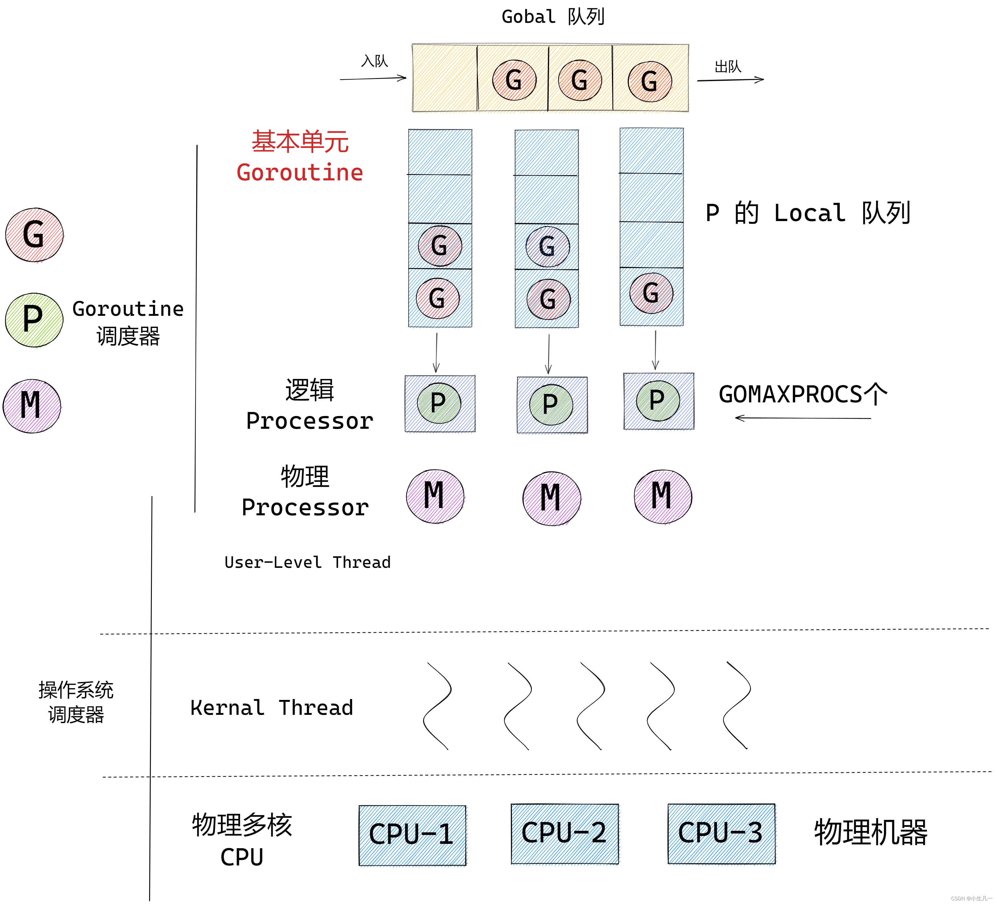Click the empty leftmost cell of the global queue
(445, 78)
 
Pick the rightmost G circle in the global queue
(649, 81)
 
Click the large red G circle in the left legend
(34, 234)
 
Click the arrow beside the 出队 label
(730, 80)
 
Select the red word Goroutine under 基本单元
(300, 172)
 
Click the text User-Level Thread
(307, 562)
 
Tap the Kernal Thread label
(271, 708)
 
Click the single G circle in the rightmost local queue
(651, 293)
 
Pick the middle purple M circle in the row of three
(551, 498)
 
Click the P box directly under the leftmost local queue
(440, 404)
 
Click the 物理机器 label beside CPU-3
(870, 832)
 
